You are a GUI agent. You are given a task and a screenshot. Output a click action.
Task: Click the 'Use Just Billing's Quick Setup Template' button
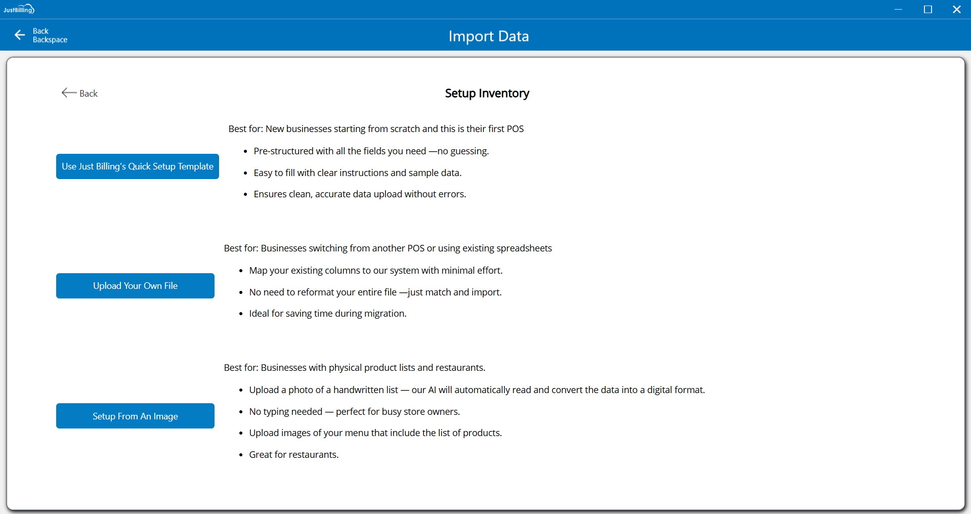point(137,166)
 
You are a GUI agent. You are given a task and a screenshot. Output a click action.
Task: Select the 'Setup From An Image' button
point(135,416)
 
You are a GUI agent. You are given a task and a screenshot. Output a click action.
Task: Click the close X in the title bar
point(956,10)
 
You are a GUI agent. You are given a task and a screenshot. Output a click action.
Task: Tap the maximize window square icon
point(927,10)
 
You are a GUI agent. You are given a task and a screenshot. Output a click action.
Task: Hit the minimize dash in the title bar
point(898,10)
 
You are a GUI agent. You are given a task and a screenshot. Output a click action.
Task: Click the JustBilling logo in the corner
point(19,9)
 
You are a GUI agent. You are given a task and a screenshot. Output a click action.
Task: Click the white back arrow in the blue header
point(20,35)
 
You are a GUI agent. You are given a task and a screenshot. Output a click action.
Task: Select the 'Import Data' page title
point(488,36)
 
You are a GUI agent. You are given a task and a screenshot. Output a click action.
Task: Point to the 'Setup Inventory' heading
point(487,94)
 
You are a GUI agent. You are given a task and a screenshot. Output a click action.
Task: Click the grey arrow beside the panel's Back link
point(69,93)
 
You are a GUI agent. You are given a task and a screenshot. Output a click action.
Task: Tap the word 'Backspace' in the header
point(50,40)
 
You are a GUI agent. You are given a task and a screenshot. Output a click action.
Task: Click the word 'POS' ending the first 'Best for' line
point(515,129)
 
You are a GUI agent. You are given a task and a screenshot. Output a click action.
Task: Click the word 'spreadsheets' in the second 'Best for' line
point(524,248)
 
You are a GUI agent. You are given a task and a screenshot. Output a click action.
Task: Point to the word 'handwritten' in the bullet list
point(365,390)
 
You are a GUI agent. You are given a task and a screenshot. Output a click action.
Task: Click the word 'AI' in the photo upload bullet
point(432,390)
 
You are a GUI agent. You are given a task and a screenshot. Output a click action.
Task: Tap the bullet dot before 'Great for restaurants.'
point(241,455)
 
